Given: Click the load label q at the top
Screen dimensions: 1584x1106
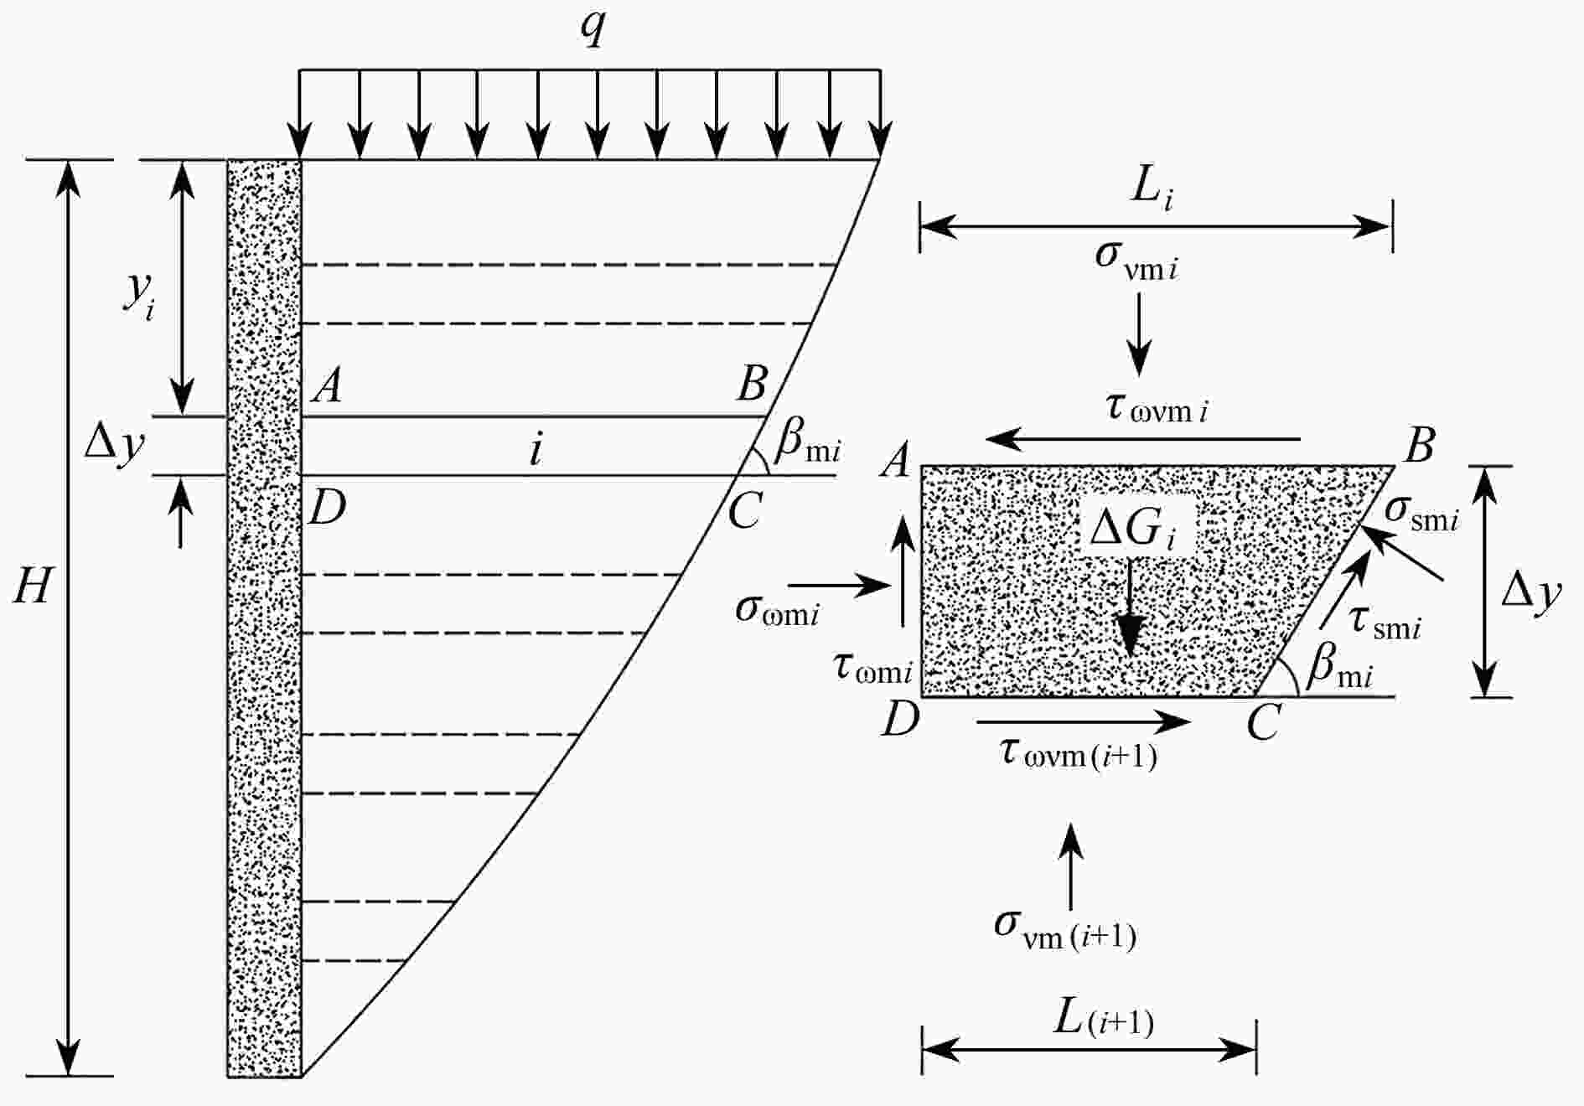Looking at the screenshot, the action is click(593, 30).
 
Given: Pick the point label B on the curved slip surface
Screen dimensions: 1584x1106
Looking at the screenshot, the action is click(752, 384).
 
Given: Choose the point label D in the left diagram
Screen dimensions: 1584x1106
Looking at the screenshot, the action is click(327, 508).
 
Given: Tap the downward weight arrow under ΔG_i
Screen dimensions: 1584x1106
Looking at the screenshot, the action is click(1130, 607).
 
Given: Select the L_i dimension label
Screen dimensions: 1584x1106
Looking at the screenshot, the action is click(1152, 188).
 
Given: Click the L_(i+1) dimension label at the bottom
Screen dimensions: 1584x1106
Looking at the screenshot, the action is click(1103, 1017).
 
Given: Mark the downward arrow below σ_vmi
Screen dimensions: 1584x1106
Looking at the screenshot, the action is click(1138, 335).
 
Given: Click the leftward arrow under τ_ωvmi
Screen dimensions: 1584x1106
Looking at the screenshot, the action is click(1143, 438).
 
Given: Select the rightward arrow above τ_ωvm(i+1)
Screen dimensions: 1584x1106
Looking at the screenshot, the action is click(1084, 721).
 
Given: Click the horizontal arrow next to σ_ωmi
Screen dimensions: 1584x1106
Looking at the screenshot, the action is click(839, 586).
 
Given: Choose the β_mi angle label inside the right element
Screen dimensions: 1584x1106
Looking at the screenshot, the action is click(1339, 667).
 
